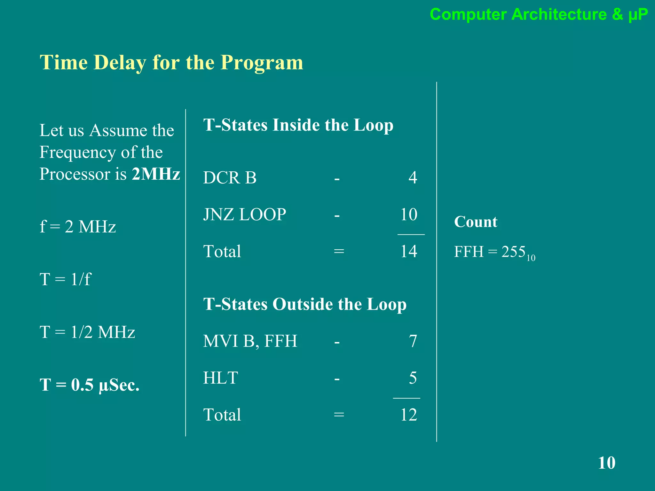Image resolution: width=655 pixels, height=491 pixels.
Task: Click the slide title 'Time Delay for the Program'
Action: (171, 62)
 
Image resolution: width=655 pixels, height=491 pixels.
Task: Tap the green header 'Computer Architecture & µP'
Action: (539, 14)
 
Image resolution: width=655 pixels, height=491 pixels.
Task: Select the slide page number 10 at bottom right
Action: (606, 463)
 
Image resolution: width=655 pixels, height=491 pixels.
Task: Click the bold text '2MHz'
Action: (156, 174)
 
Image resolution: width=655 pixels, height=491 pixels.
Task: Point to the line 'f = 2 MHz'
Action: (78, 227)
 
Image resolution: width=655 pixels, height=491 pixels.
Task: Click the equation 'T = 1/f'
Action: (65, 279)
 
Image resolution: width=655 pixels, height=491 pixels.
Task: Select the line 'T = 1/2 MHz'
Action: (87, 332)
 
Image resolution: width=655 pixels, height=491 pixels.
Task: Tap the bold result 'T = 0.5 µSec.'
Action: (90, 385)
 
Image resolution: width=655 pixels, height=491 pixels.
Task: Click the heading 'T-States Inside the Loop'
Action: (298, 125)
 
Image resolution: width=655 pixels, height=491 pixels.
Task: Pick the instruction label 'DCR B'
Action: (230, 178)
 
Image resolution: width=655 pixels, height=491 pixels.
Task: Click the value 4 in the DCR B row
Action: (413, 178)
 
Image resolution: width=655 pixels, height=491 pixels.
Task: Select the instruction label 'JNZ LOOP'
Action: (245, 214)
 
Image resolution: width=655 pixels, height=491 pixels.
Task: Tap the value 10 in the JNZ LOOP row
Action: (409, 214)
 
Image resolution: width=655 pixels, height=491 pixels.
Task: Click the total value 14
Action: (409, 252)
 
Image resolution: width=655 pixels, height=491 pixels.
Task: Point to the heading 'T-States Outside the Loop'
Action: (305, 304)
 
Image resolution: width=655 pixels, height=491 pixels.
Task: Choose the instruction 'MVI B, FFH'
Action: (250, 341)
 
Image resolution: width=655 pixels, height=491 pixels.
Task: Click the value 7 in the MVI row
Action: (413, 341)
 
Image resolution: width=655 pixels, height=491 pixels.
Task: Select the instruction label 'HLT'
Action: (221, 378)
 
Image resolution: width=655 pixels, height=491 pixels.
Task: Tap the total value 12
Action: (409, 415)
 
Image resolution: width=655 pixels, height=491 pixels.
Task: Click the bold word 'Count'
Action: (476, 222)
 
